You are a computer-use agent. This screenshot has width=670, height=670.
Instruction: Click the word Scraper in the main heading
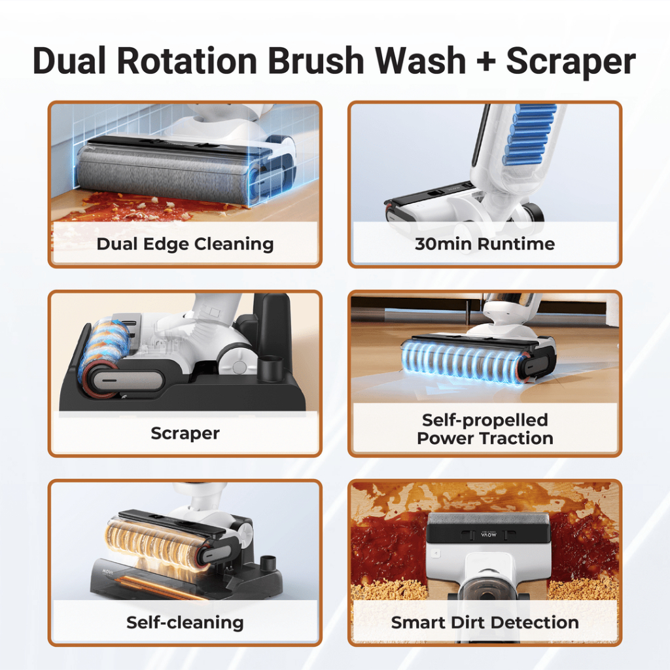(x=571, y=61)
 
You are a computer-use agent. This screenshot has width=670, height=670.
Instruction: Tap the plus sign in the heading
(x=485, y=61)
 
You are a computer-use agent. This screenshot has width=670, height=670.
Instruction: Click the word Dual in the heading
(x=69, y=60)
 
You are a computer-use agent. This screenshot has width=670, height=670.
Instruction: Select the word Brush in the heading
(x=316, y=60)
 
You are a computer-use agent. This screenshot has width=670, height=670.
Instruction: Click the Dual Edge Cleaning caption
(x=185, y=244)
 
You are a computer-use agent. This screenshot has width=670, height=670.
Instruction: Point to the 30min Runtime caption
(x=485, y=244)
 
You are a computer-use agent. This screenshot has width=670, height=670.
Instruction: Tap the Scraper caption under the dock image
(x=185, y=433)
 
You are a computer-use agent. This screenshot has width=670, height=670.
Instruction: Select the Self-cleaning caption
(x=185, y=623)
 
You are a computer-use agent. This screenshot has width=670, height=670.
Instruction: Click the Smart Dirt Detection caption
(x=485, y=623)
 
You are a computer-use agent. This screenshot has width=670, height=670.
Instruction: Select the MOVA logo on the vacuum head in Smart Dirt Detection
(x=488, y=535)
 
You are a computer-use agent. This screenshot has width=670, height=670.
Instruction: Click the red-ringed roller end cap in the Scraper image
(x=99, y=378)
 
